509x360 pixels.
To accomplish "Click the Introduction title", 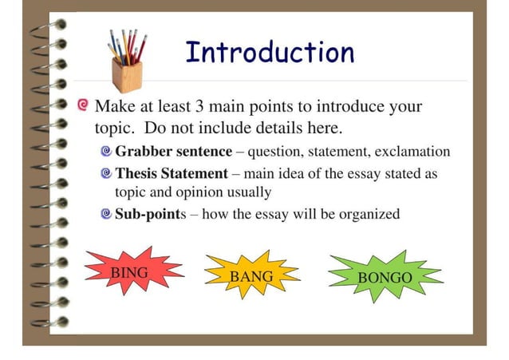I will (270, 52).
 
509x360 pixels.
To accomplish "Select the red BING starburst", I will (130, 272).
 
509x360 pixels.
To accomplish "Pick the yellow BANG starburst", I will (251, 276).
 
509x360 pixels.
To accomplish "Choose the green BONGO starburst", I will (385, 277).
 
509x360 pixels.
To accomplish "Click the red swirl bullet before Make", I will (84, 105).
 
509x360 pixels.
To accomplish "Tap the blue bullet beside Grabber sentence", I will (107, 151).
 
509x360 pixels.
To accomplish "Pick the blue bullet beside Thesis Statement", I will (107, 173).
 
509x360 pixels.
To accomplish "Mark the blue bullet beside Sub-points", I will (107, 214).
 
